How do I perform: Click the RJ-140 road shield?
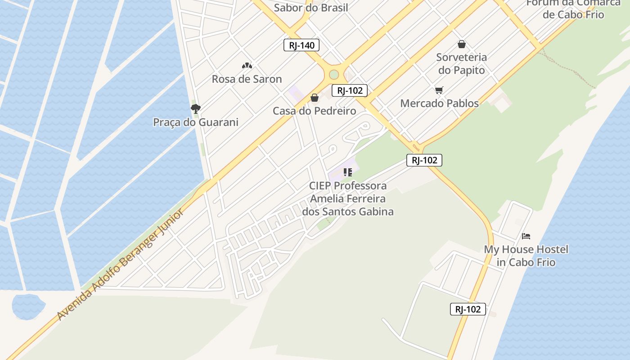click(301, 45)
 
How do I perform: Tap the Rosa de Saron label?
click(247, 79)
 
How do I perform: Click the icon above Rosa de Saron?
click(247, 66)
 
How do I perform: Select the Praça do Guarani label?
click(196, 122)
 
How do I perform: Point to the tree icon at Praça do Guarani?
click(195, 108)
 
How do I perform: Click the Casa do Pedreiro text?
click(314, 111)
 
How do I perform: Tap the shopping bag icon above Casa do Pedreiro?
click(315, 98)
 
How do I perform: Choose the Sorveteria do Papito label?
click(462, 64)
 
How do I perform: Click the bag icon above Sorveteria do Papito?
click(461, 44)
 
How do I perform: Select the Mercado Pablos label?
click(439, 103)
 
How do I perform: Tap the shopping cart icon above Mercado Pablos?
click(439, 90)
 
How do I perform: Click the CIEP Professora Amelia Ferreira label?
click(347, 198)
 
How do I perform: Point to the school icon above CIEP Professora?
click(347, 172)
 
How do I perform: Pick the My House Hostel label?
click(526, 256)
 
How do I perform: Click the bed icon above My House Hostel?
click(526, 236)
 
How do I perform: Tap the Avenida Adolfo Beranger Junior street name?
click(121, 265)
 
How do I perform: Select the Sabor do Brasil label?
click(311, 8)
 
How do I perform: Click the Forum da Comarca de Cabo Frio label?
click(573, 9)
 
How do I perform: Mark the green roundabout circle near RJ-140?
click(333, 74)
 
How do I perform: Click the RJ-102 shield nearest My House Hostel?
click(468, 309)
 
